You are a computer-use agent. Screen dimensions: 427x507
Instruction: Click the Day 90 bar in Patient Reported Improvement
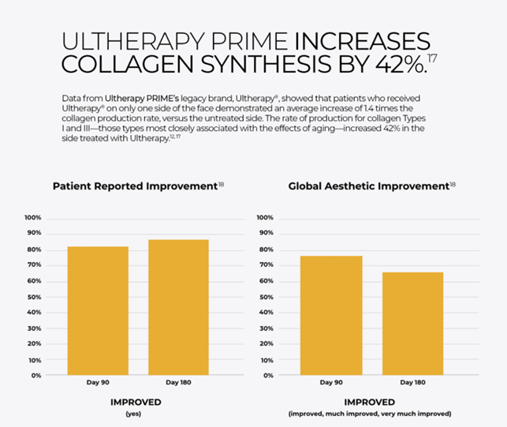coord(97,311)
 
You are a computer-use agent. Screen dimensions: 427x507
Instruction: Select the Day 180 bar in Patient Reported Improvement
coord(178,307)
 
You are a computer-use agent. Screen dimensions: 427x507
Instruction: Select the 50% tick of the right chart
coord(267,297)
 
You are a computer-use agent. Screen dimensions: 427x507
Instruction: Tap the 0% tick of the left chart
coord(35,376)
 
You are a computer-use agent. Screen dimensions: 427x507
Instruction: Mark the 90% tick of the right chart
coord(267,234)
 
